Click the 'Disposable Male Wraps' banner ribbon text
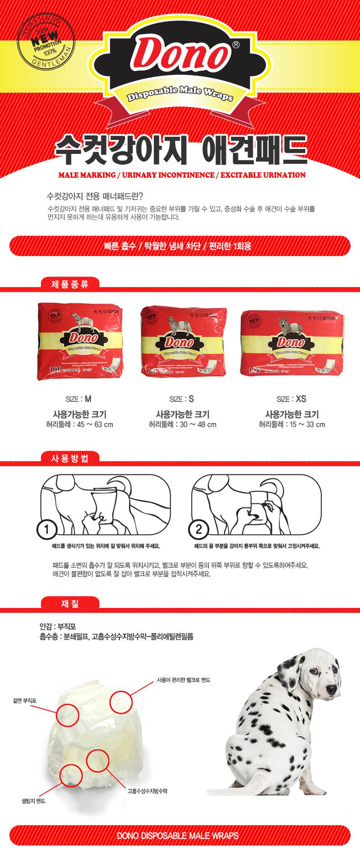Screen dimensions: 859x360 pyautogui.click(x=180, y=93)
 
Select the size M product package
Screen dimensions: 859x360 pyautogui.click(x=80, y=341)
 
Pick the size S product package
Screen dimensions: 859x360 pyautogui.click(x=183, y=341)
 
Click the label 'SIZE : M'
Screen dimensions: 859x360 pyautogui.click(x=78, y=399)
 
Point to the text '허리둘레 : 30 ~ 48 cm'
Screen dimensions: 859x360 pyautogui.click(x=182, y=425)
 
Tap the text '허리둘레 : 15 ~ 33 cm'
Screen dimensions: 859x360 pyautogui.click(x=292, y=425)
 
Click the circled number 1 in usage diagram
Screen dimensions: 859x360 pyautogui.click(x=46, y=529)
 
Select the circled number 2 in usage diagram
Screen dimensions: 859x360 pyautogui.click(x=198, y=529)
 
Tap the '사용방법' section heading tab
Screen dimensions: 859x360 pyautogui.click(x=70, y=458)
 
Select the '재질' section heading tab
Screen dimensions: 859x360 pyautogui.click(x=70, y=604)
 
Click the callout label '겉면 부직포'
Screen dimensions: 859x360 pyautogui.click(x=25, y=700)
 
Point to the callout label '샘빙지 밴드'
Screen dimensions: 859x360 pyautogui.click(x=34, y=801)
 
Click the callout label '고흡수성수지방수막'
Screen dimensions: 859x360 pyautogui.click(x=147, y=791)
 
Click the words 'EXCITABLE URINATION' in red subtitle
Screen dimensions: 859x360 pyautogui.click(x=263, y=175)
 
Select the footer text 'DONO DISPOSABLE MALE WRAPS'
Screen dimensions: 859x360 pyautogui.click(x=178, y=836)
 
